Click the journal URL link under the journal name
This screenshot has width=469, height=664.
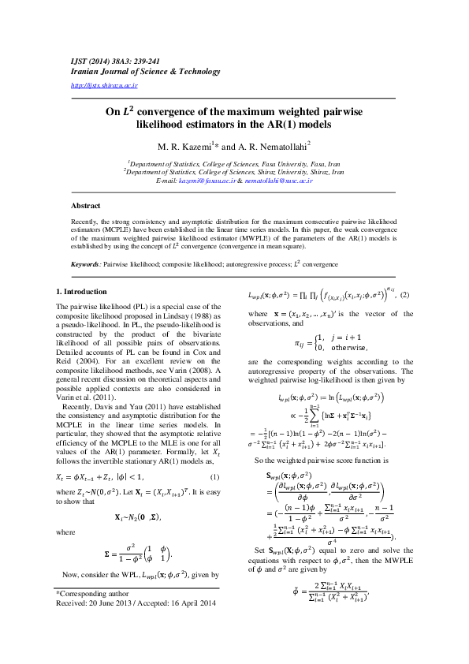104,84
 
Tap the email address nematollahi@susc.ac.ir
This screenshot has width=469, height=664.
279,181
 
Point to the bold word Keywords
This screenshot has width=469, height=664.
85,265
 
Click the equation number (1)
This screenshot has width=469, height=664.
214,478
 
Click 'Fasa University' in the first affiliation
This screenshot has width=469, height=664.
273,162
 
